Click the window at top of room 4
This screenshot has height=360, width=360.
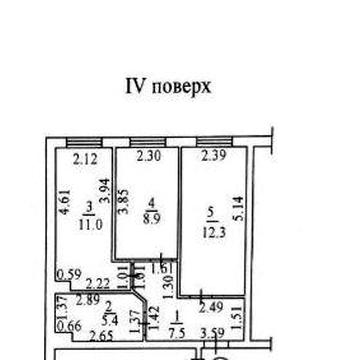pos(146,142)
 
